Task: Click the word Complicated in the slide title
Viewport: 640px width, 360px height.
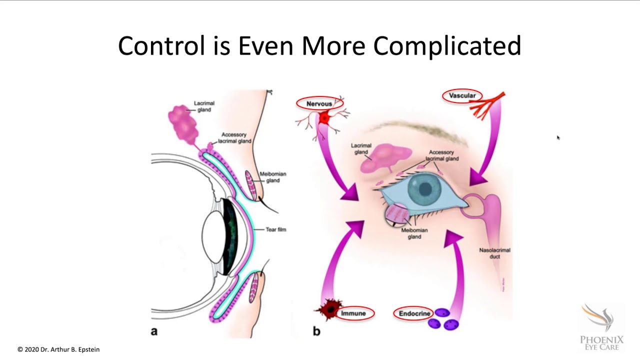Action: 447,46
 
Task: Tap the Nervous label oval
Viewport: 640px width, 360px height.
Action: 319,103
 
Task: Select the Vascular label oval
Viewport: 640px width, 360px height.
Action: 462,95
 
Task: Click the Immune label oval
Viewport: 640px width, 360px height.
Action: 353,313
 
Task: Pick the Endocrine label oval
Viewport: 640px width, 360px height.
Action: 414,313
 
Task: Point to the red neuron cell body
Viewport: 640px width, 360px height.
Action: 324,118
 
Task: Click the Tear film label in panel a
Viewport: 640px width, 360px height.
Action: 275,229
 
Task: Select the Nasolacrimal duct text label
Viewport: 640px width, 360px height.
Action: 494,253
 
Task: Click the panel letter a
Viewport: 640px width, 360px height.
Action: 154,331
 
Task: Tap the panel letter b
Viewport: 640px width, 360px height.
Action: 316,331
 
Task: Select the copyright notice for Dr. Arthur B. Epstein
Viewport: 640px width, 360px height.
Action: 58,349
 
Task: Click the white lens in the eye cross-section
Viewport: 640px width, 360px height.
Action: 212,237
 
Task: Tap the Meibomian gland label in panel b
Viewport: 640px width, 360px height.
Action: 414,233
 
